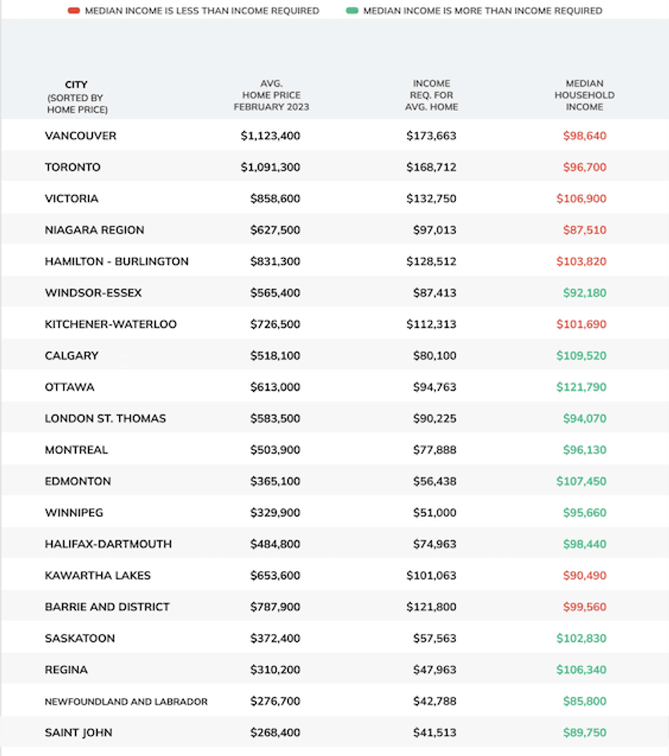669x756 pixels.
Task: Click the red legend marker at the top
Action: pyautogui.click(x=74, y=11)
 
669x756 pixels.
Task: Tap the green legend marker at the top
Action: pyautogui.click(x=352, y=11)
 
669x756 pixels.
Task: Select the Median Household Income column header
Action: pyautogui.click(x=584, y=96)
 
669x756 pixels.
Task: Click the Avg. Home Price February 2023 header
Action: pyautogui.click(x=271, y=96)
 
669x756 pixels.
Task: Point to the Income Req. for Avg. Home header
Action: pyautogui.click(x=431, y=96)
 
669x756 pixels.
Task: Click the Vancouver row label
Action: pyautogui.click(x=81, y=136)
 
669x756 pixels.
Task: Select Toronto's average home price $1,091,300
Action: pyautogui.click(x=270, y=167)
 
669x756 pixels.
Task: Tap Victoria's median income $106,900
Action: pyautogui.click(x=584, y=199)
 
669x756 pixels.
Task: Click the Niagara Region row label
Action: pyautogui.click(x=94, y=230)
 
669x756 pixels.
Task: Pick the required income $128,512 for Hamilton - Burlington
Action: pyautogui.click(x=431, y=262)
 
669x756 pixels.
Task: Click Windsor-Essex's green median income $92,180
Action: pyautogui.click(x=584, y=293)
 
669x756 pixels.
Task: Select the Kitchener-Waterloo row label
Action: pyautogui.click(x=111, y=324)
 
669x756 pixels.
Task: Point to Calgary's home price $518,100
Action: pyautogui.click(x=275, y=356)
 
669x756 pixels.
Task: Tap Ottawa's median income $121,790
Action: pyautogui.click(x=581, y=387)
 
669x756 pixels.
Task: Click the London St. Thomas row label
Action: pyautogui.click(x=105, y=419)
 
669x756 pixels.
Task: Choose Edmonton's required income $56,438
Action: pyautogui.click(x=434, y=481)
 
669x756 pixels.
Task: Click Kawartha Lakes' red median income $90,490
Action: pyautogui.click(x=584, y=576)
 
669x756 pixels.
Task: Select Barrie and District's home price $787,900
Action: pyautogui.click(x=275, y=607)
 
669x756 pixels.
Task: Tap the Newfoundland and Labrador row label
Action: pyautogui.click(x=126, y=701)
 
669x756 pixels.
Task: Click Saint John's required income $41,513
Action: pyautogui.click(x=434, y=733)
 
